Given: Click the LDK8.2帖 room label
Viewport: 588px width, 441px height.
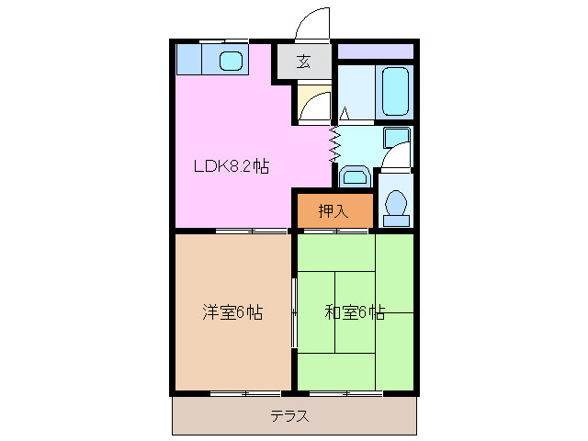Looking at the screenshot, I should click(x=231, y=167).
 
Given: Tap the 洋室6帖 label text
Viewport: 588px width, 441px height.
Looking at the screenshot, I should click(x=232, y=312).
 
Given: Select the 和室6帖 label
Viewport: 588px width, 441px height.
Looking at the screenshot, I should click(x=354, y=312).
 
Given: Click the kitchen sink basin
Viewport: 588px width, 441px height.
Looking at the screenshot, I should click(x=231, y=62).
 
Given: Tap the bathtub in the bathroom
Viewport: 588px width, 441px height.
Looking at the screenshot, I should click(x=396, y=93).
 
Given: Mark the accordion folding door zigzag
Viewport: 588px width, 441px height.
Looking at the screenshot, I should click(x=334, y=143).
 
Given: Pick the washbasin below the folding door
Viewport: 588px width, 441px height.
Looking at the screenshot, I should click(x=355, y=174).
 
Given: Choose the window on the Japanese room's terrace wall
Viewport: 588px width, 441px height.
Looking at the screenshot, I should click(x=347, y=393).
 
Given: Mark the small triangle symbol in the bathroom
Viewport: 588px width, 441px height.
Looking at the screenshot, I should click(x=345, y=114).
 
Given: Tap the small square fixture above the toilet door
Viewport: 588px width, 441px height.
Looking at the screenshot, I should click(x=396, y=137).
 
